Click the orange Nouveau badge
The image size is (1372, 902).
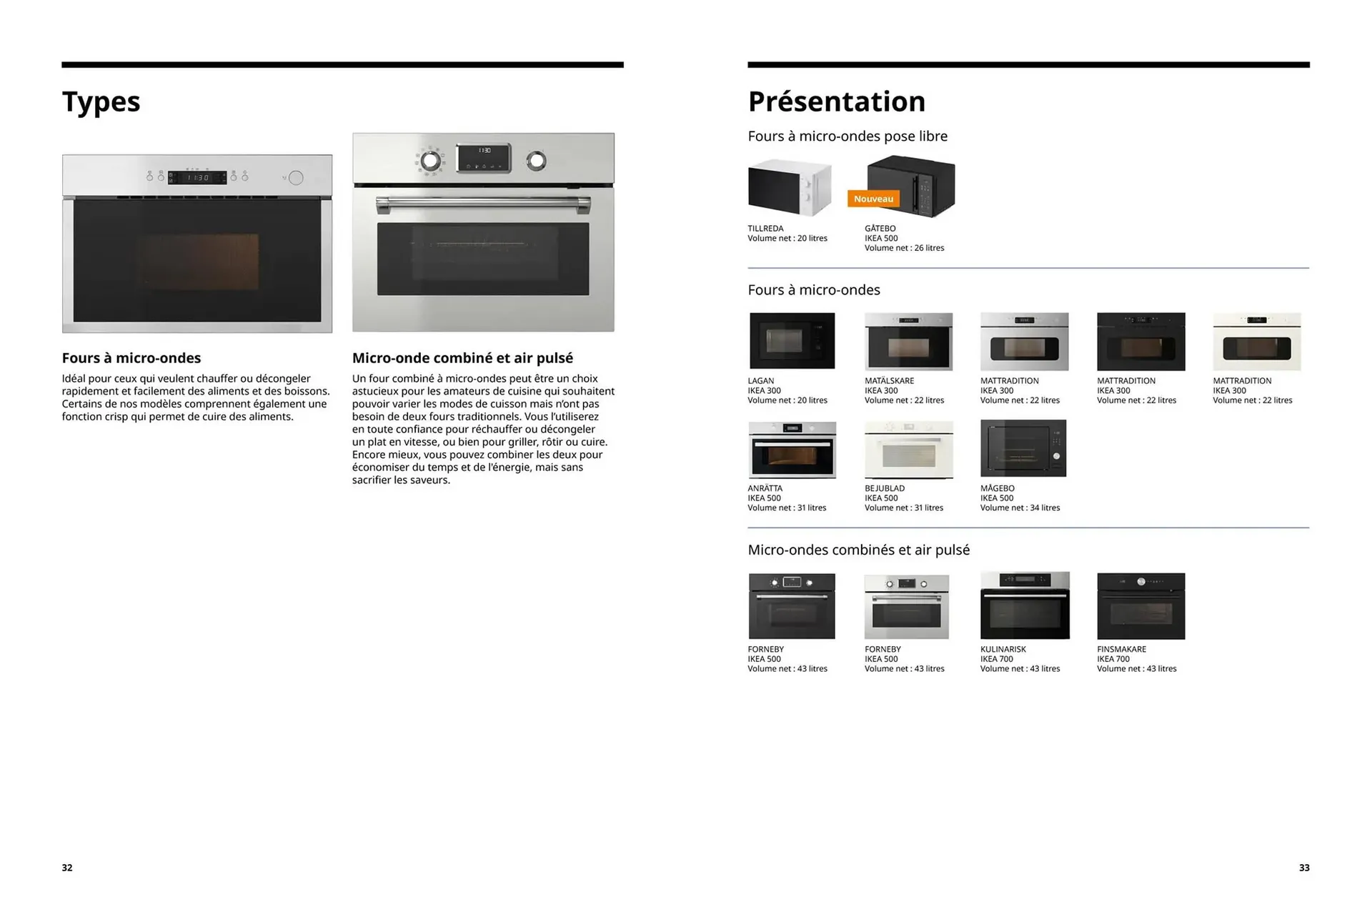pyautogui.click(x=873, y=199)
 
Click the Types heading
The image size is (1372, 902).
pyautogui.click(x=101, y=101)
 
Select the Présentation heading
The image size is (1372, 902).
pyautogui.click(x=836, y=101)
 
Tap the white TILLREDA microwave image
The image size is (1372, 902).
pyautogui.click(x=790, y=188)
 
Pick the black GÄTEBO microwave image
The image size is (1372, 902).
pyautogui.click(x=911, y=186)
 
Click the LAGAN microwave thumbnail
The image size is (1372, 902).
pyautogui.click(x=792, y=341)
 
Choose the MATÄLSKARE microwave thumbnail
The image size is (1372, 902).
pyautogui.click(x=908, y=341)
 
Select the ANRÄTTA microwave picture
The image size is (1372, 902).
pyautogui.click(x=792, y=450)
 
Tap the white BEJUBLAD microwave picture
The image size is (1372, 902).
pyautogui.click(x=908, y=450)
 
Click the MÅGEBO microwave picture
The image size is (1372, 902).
pyautogui.click(x=1023, y=448)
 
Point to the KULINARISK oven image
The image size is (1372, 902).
pyautogui.click(x=1025, y=605)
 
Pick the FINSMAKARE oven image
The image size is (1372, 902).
pyautogui.click(x=1140, y=605)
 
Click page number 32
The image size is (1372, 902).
pyautogui.click(x=67, y=868)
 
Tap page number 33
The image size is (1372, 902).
pyautogui.click(x=1304, y=868)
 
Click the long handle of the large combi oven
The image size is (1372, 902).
pyautogui.click(x=483, y=204)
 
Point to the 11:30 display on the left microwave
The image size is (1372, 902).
pyautogui.click(x=197, y=177)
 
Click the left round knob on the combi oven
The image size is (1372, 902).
pyautogui.click(x=430, y=161)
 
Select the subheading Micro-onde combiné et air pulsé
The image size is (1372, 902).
pyautogui.click(x=462, y=358)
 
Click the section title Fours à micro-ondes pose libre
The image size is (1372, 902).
pyautogui.click(x=847, y=137)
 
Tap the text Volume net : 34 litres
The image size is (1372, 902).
pyautogui.click(x=1020, y=508)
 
